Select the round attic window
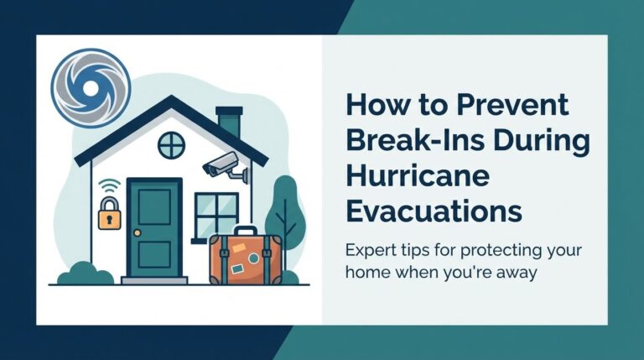(171, 145)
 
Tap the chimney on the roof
(227, 123)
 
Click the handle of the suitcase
(244, 230)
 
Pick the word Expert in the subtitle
(371, 252)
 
